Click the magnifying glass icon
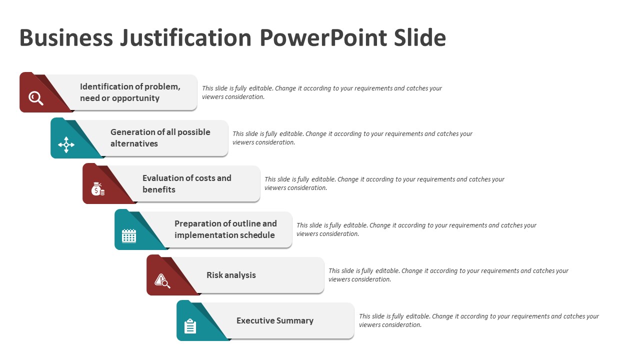(x=36, y=98)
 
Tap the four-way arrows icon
(x=66, y=144)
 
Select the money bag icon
(x=97, y=189)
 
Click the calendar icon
(x=129, y=235)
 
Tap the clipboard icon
(x=190, y=326)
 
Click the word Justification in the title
(x=185, y=38)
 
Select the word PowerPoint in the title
(x=323, y=37)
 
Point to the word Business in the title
(x=66, y=37)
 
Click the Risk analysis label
(x=231, y=275)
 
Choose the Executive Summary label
(x=275, y=320)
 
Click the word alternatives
(x=134, y=143)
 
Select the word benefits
(x=159, y=189)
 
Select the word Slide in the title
(x=419, y=37)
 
